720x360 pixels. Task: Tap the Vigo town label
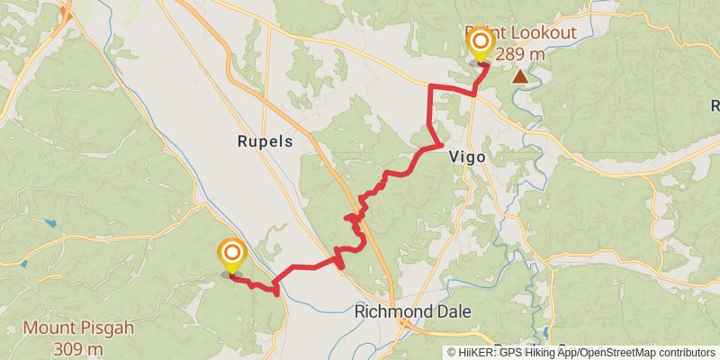pyautogui.click(x=467, y=157)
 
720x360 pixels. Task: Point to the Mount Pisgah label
pyautogui.click(x=78, y=328)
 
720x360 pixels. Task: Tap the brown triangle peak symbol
pyautogui.click(x=520, y=77)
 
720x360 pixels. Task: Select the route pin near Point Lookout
pyautogui.click(x=481, y=43)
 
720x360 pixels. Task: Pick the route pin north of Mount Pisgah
pyautogui.click(x=232, y=254)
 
